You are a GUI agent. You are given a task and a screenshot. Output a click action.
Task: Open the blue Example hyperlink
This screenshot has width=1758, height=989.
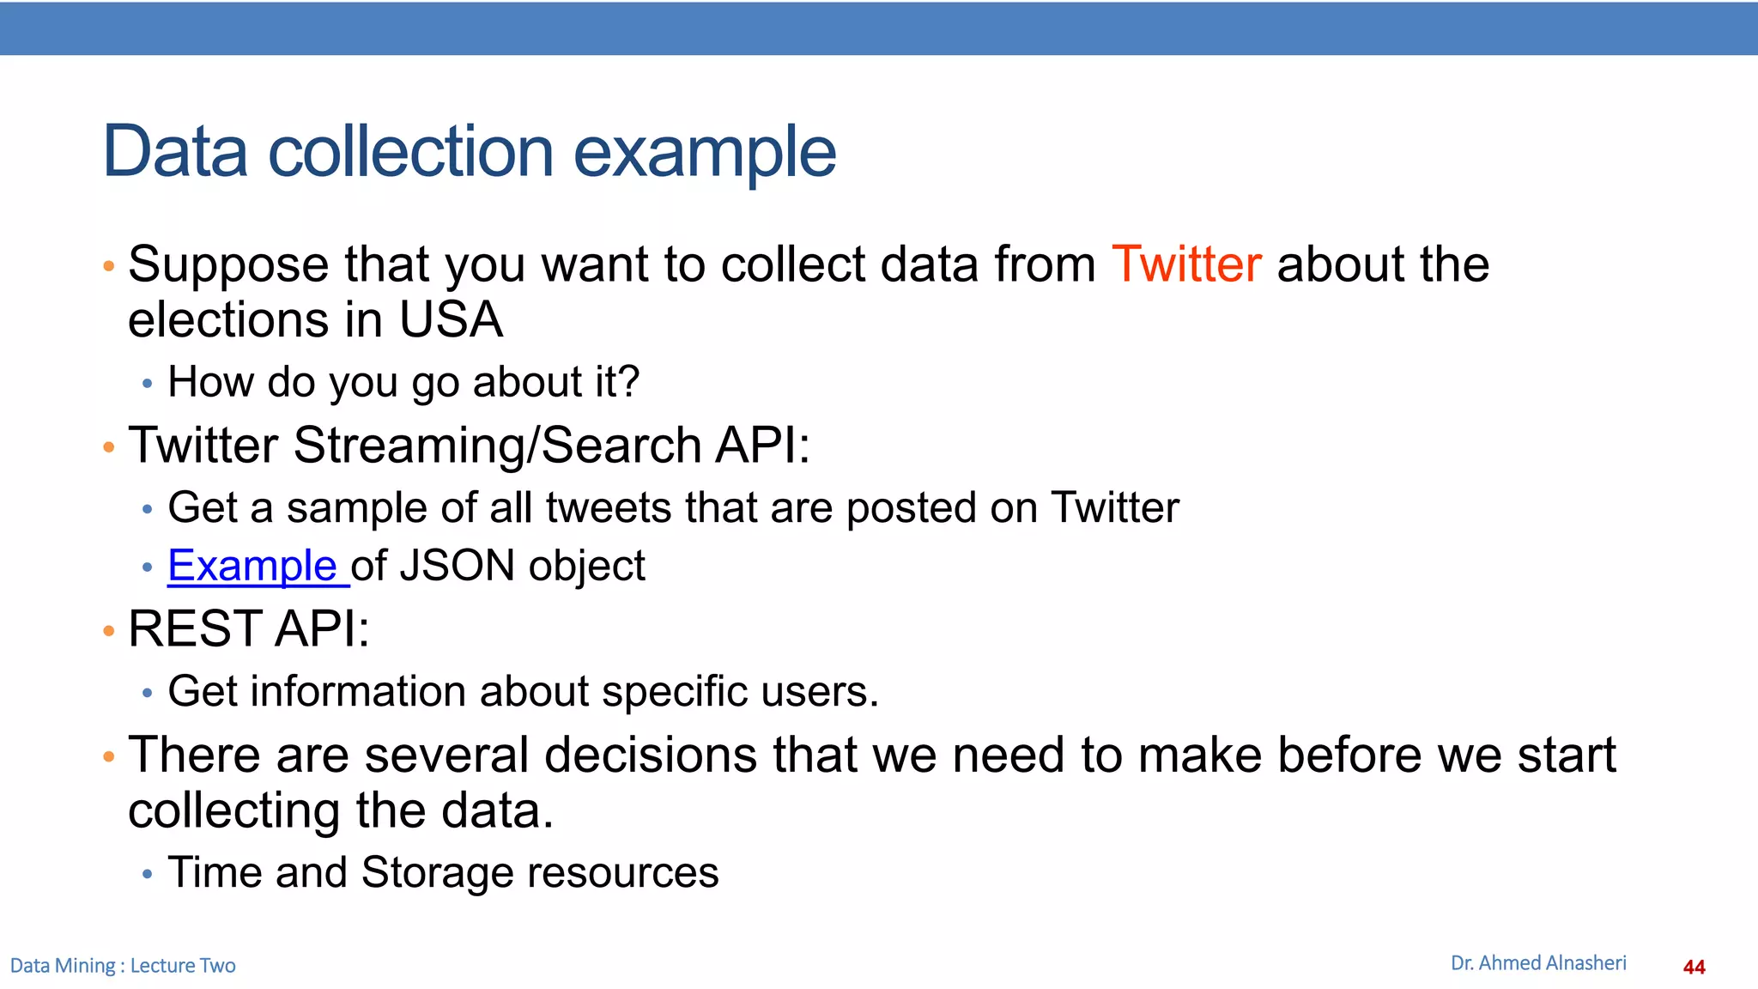pos(252,566)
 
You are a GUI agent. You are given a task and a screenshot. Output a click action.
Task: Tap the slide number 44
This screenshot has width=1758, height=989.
pos(1694,967)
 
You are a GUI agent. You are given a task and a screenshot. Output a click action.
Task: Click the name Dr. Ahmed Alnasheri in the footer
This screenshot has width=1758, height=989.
pos(1537,963)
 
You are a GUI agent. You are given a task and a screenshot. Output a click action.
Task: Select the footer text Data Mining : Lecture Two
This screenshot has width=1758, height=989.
pos(123,966)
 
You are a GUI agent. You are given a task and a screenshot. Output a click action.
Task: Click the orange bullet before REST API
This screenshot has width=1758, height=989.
pos(108,632)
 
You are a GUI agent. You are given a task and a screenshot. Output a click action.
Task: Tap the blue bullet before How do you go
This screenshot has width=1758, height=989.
pos(148,384)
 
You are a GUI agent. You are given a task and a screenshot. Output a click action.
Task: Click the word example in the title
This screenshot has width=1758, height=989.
pos(704,152)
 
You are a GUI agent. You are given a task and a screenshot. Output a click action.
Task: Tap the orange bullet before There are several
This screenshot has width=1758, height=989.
pos(108,757)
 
